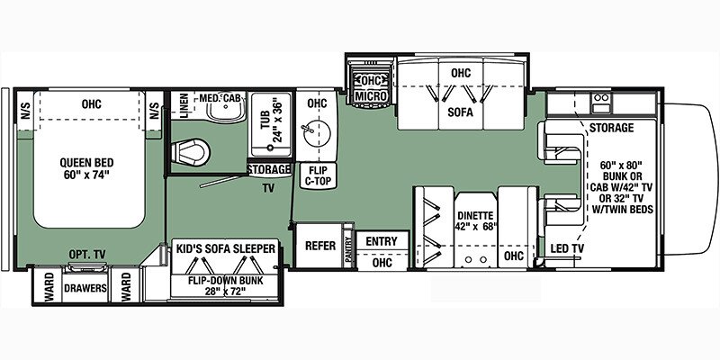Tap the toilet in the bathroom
pos(190,150)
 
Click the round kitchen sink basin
pos(318,133)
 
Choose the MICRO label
pos(371,96)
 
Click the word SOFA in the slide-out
pos(461,112)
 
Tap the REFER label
pos(320,246)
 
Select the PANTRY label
pos(348,249)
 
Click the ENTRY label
pos(382,240)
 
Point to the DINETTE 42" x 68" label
pos(475,220)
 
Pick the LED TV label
pos(568,248)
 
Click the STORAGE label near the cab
pos(612,128)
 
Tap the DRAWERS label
pos(85,288)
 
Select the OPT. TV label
pos(87,254)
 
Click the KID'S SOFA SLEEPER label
pos(226,249)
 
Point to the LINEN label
pos(184,105)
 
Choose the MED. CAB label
pos(220,98)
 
